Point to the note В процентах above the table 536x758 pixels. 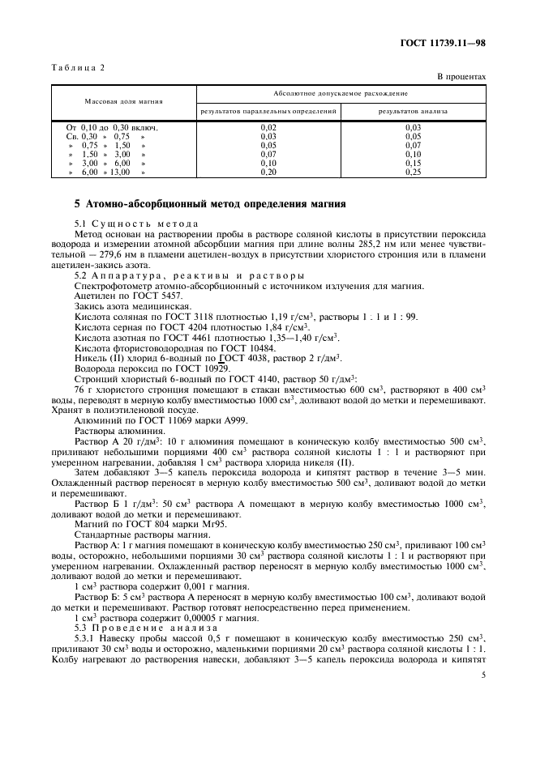[x=461, y=77]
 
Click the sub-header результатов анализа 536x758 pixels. [x=413, y=110]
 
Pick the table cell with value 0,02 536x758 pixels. [x=268, y=127]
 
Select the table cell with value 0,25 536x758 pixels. [x=413, y=172]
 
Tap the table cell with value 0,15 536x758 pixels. [x=413, y=163]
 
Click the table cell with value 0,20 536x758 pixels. [x=268, y=172]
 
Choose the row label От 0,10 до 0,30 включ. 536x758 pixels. [x=111, y=127]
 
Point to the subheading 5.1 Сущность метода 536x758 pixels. [x=136, y=224]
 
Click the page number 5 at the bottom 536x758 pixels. [x=483, y=674]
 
